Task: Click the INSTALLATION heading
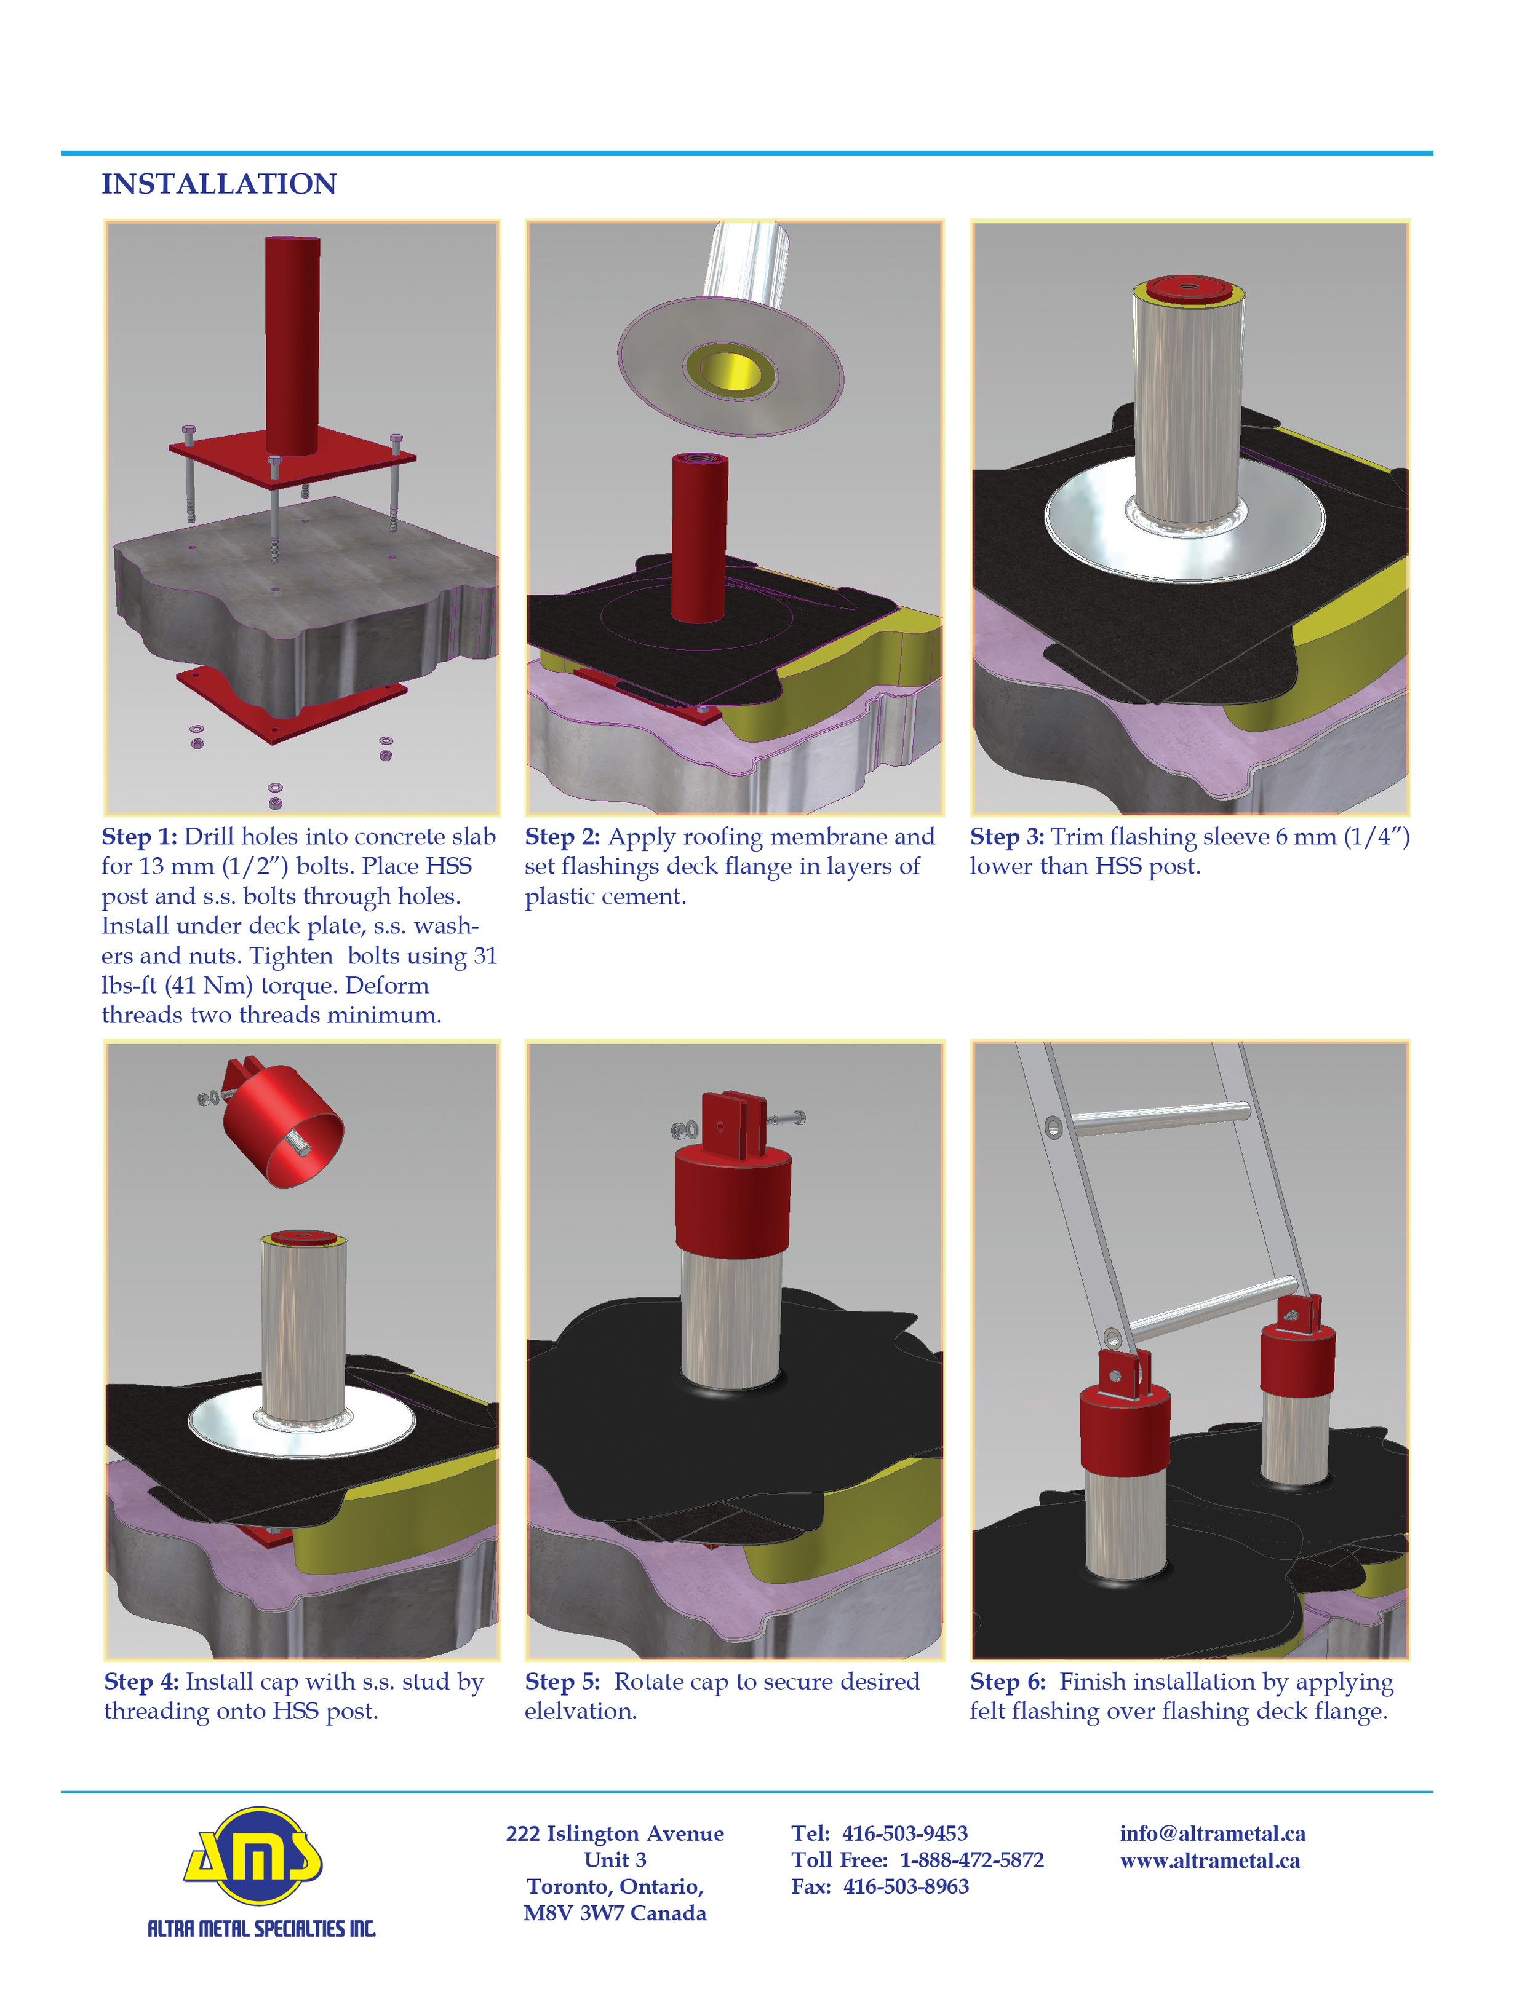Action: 218,184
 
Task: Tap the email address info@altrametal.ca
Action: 1213,1833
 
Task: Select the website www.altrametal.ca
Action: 1210,1860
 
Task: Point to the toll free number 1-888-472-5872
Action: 971,1860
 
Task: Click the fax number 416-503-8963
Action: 906,1886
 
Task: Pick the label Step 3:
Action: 1007,837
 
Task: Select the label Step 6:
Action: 1008,1682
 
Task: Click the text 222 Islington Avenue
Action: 615,1833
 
